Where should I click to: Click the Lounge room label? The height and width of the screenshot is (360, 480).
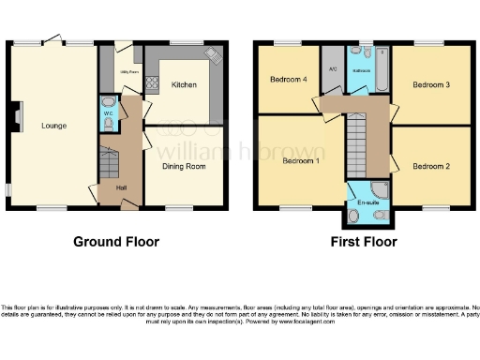pyautogui.click(x=52, y=124)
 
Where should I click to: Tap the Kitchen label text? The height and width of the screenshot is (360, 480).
pyautogui.click(x=184, y=85)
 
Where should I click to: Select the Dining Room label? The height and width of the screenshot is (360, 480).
pyautogui.click(x=184, y=167)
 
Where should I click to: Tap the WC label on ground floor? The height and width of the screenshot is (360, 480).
pyautogui.click(x=108, y=114)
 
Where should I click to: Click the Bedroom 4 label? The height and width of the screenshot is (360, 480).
pyautogui.click(x=287, y=79)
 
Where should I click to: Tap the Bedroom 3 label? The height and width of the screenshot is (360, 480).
pyautogui.click(x=432, y=85)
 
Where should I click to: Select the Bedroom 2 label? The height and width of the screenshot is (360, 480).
pyautogui.click(x=432, y=167)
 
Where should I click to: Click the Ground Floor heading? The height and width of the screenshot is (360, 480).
pyautogui.click(x=116, y=242)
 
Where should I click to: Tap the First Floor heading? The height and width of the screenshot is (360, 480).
pyautogui.click(x=364, y=242)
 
